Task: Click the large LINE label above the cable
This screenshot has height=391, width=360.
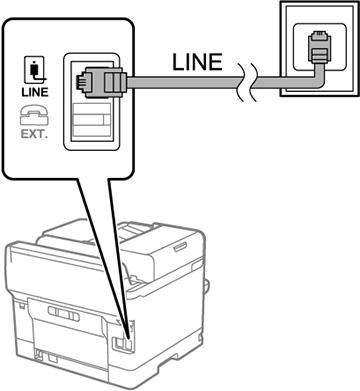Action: (x=197, y=62)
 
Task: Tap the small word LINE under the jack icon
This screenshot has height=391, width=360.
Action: (x=35, y=92)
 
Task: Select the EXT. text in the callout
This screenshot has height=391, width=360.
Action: (x=34, y=134)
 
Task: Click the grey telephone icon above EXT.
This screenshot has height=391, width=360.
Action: (x=34, y=115)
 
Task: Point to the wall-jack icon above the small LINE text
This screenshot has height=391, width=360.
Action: (x=35, y=70)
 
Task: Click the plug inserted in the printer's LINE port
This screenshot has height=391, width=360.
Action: (x=101, y=82)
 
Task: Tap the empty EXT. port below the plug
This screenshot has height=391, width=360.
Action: (x=91, y=119)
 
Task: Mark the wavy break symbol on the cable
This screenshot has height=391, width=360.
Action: (x=247, y=82)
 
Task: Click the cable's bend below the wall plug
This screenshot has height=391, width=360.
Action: (x=318, y=81)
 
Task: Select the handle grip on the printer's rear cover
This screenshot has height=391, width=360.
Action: (x=64, y=314)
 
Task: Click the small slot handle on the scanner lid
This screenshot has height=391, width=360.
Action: (x=180, y=247)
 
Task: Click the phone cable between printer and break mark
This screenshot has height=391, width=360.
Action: (x=183, y=82)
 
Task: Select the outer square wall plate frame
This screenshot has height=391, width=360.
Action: (x=319, y=48)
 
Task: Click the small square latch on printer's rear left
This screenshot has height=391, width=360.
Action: (x=21, y=305)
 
